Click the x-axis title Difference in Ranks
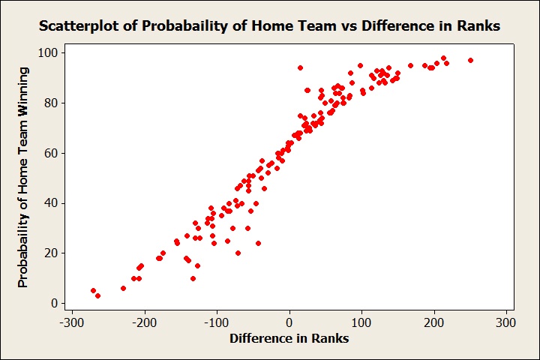[289, 338]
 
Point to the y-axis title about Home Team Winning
[23, 177]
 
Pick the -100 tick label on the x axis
[215, 323]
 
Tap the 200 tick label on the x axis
[435, 323]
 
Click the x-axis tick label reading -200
[142, 323]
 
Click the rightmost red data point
[470, 60]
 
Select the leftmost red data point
[93, 290]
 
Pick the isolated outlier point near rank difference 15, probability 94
[300, 67]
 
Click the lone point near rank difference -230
[123, 288]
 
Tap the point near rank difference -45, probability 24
[258, 243]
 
